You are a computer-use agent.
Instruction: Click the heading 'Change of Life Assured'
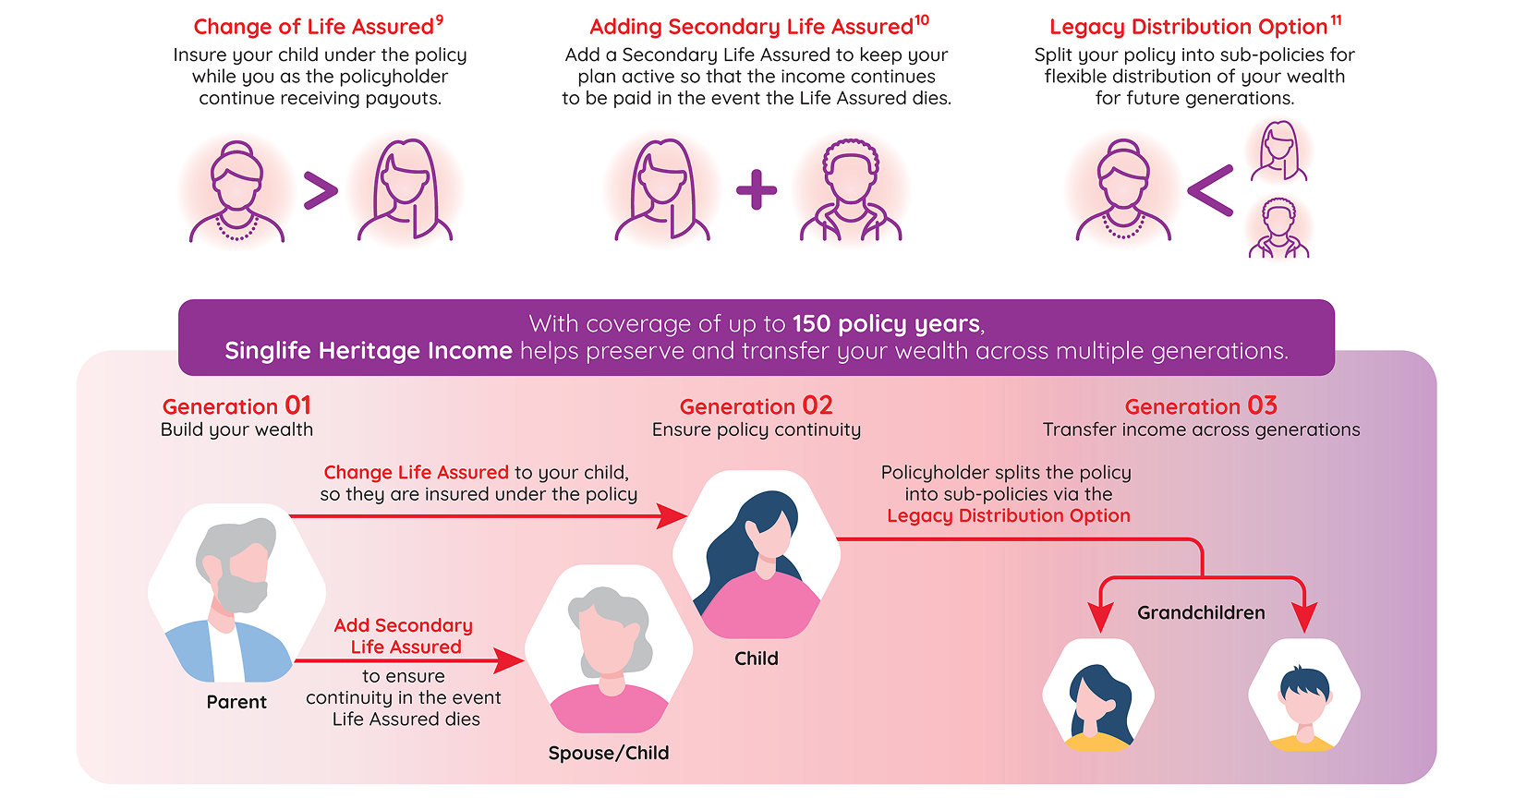coord(314,27)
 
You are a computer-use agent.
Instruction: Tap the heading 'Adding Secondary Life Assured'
coord(752,27)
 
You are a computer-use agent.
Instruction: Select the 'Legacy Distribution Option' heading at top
coord(1188,27)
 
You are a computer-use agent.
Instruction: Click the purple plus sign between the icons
coord(757,190)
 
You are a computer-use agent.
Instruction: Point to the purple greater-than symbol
coord(321,190)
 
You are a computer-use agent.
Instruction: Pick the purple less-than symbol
coord(1210,191)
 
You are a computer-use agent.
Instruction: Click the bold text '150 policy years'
coord(886,324)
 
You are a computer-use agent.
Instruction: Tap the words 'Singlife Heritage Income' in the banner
coord(369,351)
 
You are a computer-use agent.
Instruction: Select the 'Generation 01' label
coord(236,406)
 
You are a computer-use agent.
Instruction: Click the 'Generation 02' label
coord(756,406)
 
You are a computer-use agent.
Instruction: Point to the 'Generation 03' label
coord(1201,406)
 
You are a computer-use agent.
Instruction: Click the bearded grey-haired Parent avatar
coord(236,593)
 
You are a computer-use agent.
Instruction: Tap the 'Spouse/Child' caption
coord(609,753)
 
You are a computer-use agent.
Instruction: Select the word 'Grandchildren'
coord(1201,613)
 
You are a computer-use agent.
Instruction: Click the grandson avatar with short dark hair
coord(1304,695)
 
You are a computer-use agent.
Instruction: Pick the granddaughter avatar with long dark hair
coord(1098,695)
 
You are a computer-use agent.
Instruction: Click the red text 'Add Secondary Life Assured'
coord(405,635)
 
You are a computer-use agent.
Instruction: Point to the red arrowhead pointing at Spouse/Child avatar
coord(510,660)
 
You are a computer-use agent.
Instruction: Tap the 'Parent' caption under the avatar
coord(236,702)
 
